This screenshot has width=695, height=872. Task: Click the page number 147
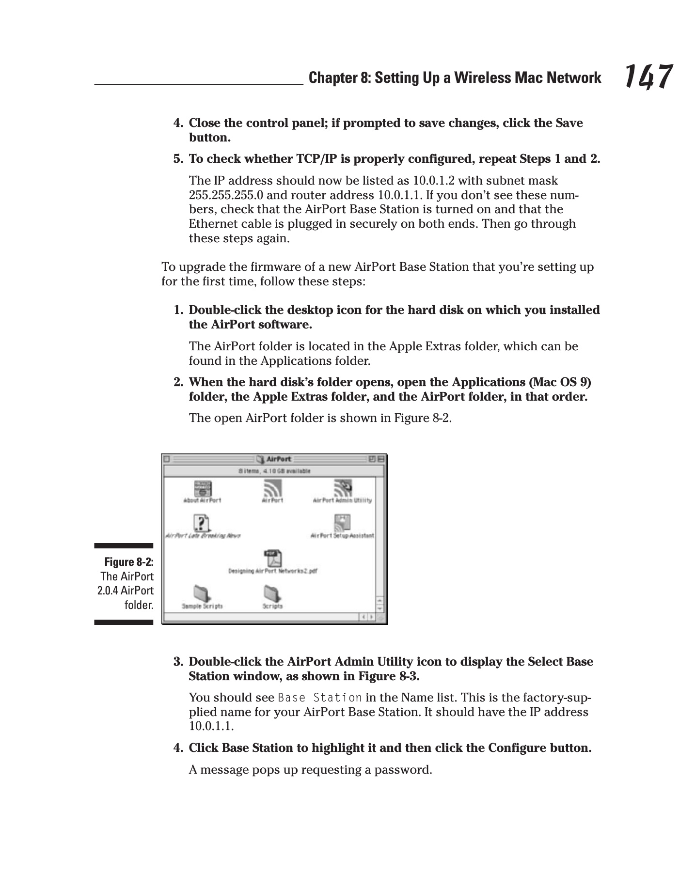click(648, 77)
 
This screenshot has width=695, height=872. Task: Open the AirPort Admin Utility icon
click(342, 487)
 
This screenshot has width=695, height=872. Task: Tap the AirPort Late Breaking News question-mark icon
click(201, 523)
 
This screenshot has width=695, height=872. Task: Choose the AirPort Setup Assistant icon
click(342, 523)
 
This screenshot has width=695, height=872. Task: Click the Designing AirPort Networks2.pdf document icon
click(273, 558)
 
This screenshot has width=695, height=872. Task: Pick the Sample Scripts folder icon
click(202, 593)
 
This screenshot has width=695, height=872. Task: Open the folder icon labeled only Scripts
click(272, 593)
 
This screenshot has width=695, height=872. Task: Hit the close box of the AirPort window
click(167, 459)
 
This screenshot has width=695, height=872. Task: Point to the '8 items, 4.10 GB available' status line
click(274, 471)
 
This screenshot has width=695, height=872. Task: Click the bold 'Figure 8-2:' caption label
click(129, 562)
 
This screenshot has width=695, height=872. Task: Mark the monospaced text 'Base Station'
click(319, 698)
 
